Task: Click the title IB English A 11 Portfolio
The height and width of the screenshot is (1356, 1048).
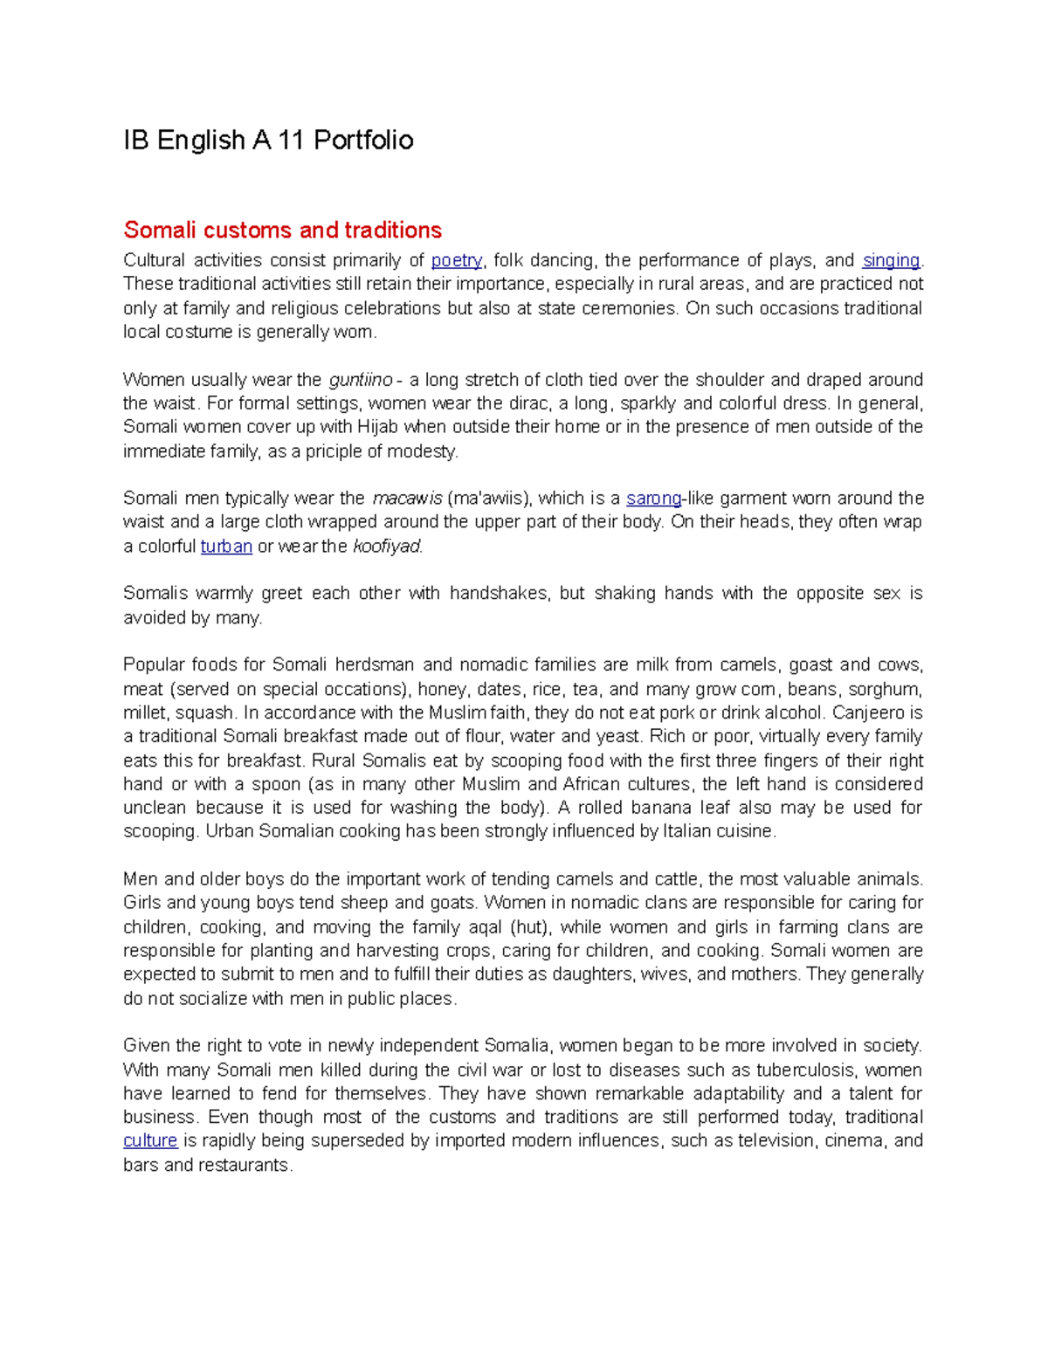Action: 268,141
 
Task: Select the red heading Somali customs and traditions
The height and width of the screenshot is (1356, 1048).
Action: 282,231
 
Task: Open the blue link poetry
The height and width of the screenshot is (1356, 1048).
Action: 457,260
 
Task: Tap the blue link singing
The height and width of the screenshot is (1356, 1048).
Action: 891,260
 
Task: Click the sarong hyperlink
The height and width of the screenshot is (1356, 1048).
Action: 653,499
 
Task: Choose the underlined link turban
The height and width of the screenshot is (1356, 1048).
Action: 226,547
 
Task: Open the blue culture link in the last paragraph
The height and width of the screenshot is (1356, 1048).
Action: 150,1141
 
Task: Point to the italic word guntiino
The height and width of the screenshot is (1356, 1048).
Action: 360,380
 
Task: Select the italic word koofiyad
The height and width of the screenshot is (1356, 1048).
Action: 387,547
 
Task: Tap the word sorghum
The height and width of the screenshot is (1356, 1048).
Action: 890,689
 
